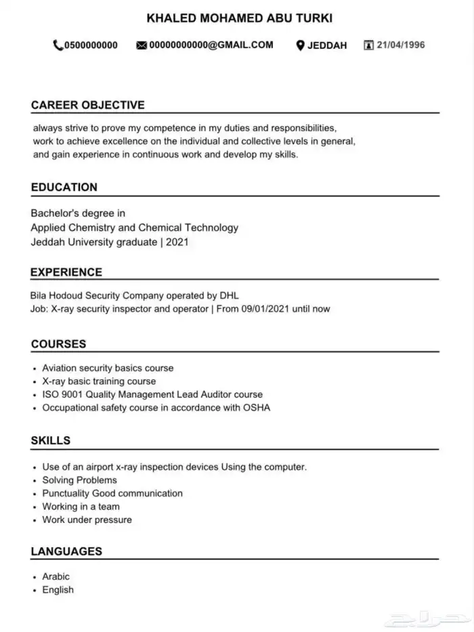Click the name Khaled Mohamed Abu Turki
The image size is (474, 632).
click(x=240, y=18)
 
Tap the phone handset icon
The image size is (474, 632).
click(x=58, y=45)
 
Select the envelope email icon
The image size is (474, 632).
click(x=142, y=45)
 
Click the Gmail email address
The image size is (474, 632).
click(x=211, y=45)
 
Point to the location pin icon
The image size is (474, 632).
click(x=300, y=45)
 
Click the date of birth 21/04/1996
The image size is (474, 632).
click(x=401, y=45)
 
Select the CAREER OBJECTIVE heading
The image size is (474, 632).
click(x=88, y=105)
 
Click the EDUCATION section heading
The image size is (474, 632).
click(x=64, y=187)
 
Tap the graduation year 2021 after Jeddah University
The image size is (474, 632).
click(x=177, y=241)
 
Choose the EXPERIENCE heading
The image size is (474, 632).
click(x=66, y=272)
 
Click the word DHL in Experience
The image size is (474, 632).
click(x=228, y=295)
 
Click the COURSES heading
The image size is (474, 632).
click(x=59, y=344)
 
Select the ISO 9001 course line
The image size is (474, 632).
click(x=152, y=394)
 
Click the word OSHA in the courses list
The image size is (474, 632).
click(x=257, y=408)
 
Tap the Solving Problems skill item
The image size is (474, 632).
click(x=80, y=480)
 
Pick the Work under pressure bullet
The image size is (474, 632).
click(x=87, y=520)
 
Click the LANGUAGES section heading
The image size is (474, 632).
click(x=66, y=551)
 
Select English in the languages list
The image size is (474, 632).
click(x=58, y=589)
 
